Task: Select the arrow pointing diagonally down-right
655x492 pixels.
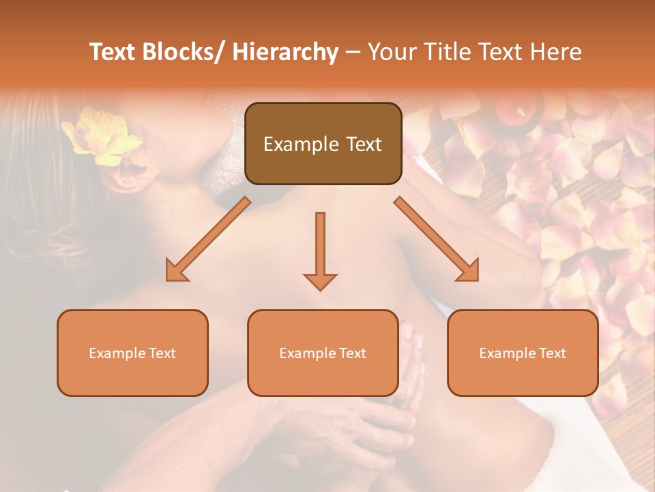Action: click(x=437, y=239)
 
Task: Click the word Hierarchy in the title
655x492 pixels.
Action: click(x=285, y=52)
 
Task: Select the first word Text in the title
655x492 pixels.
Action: click(x=113, y=52)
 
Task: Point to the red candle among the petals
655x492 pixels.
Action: click(x=514, y=111)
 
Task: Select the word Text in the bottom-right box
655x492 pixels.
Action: click(x=552, y=353)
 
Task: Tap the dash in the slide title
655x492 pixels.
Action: click(x=353, y=52)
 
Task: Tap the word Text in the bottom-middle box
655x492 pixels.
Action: click(x=352, y=353)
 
